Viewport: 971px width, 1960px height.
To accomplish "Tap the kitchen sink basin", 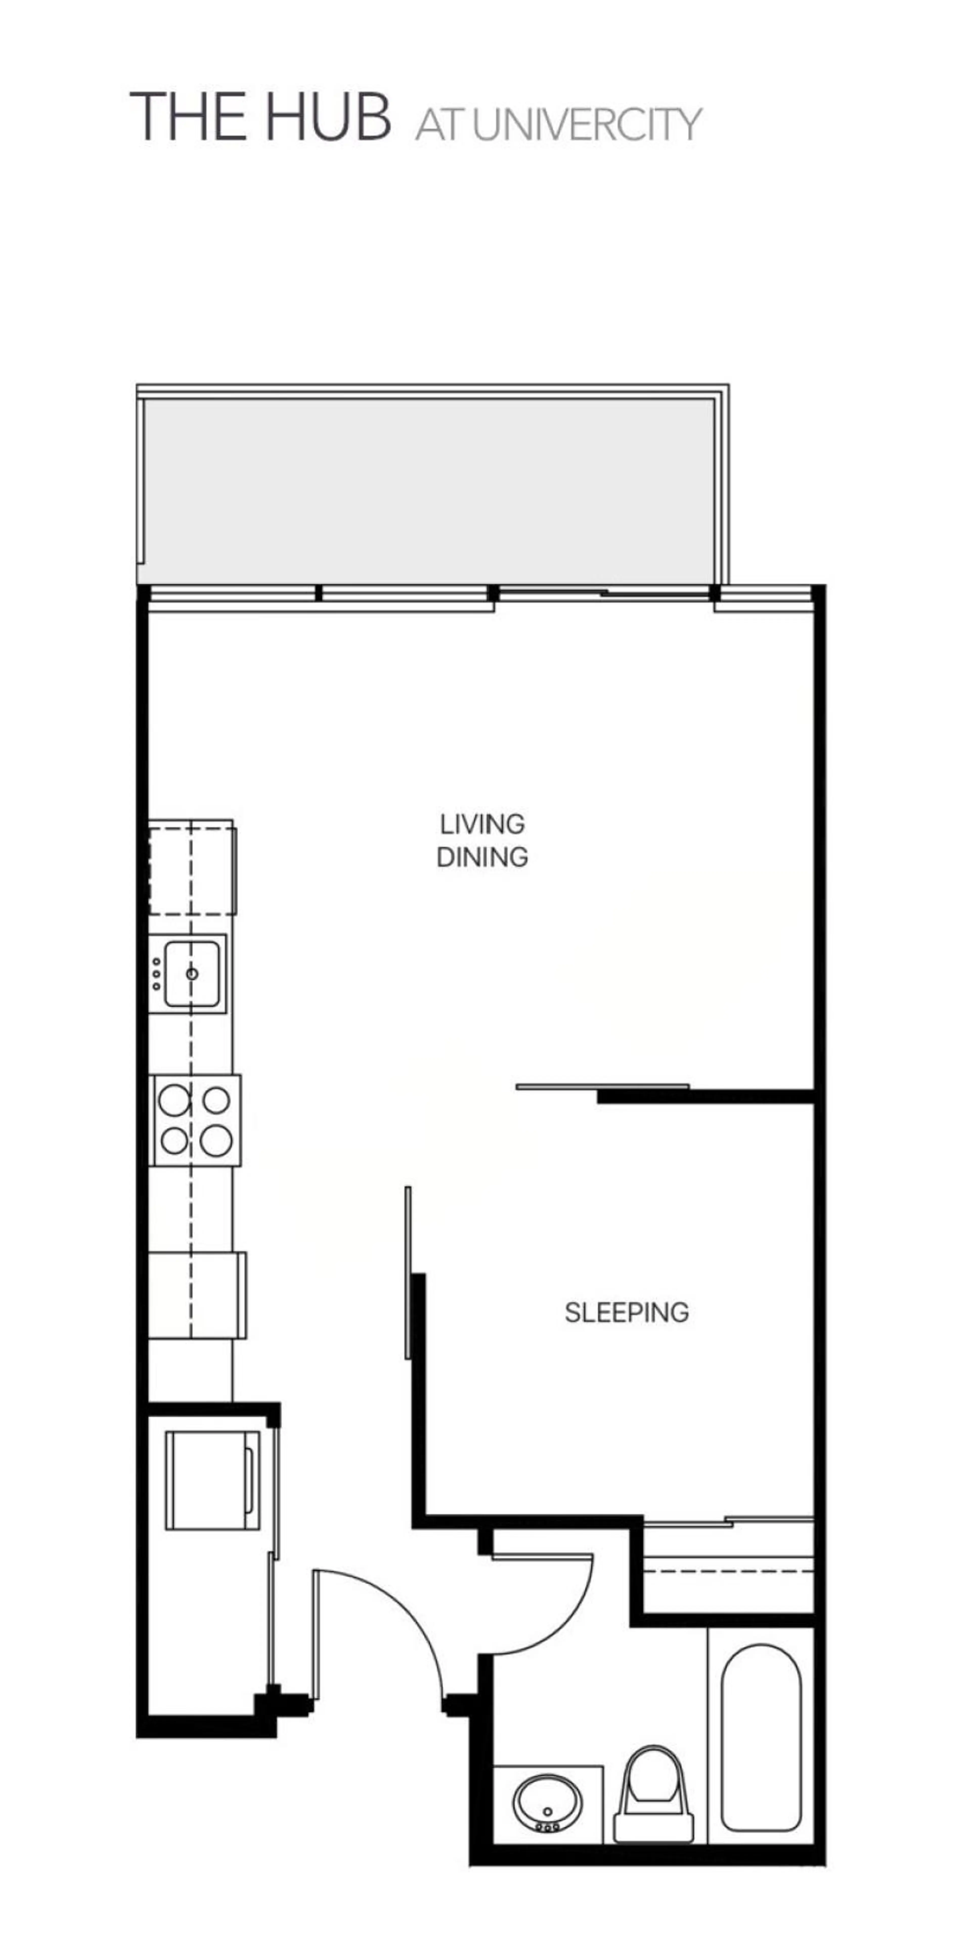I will coord(192,974).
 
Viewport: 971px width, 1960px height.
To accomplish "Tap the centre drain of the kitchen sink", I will coord(192,974).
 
